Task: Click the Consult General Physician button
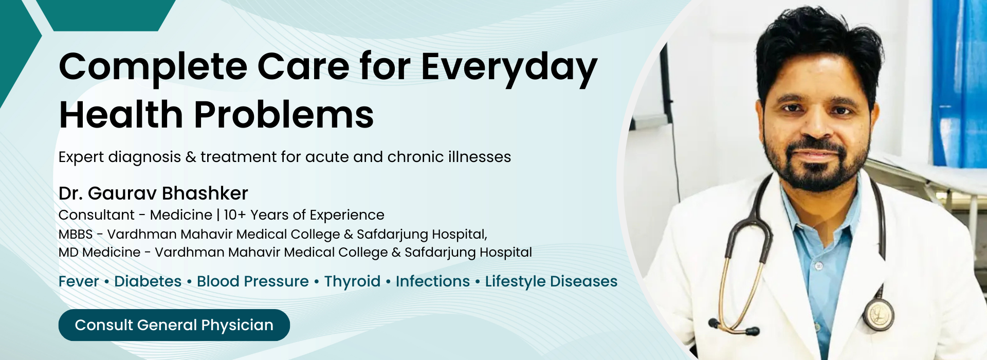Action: point(174,325)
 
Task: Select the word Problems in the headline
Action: point(284,114)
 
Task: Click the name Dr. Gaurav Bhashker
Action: point(153,193)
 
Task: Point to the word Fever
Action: point(79,281)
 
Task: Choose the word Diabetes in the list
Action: point(148,281)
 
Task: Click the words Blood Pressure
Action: point(253,281)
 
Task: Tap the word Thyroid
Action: point(352,282)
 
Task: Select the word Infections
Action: point(433,281)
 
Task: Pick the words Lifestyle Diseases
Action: point(551,282)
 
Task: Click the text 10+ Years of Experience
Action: point(304,215)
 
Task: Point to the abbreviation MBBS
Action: point(76,235)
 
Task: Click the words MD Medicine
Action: point(100,253)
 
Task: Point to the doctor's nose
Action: point(814,127)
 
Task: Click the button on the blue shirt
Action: point(819,266)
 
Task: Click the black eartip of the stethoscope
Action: point(713,323)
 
